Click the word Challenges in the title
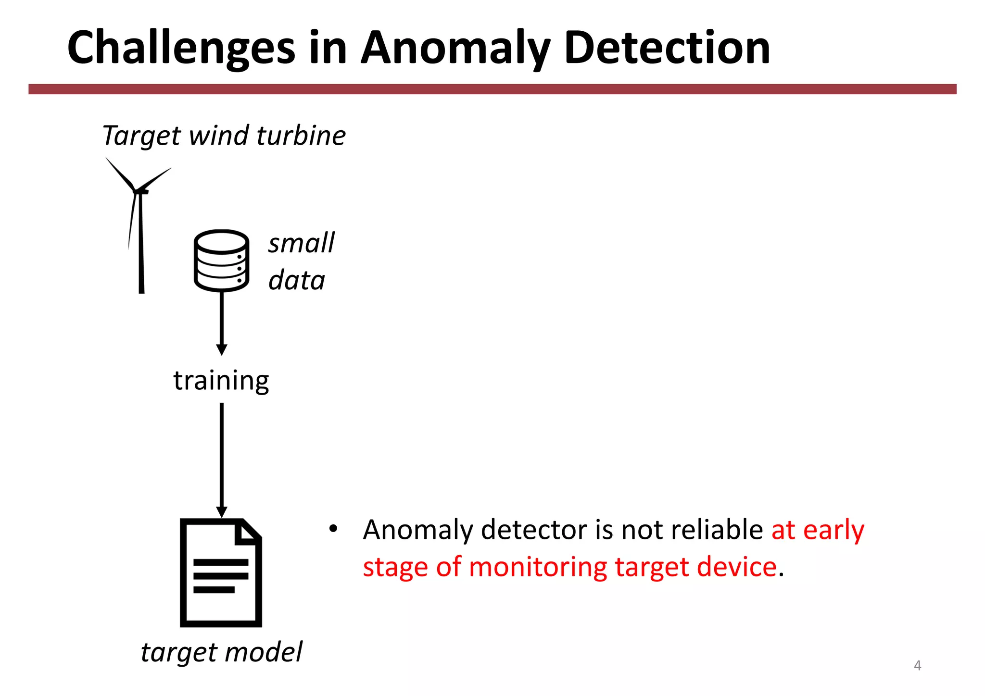pos(181,48)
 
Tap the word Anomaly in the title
pos(455,48)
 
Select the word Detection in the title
pos(667,48)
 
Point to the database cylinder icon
pos(221,261)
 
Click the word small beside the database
pos(301,243)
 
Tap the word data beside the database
pos(297,280)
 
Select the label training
pos(221,380)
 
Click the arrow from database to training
pos(222,322)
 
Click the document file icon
pos(221,572)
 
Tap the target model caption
pos(221,652)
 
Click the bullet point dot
pos(333,529)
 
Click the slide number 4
pos(917,666)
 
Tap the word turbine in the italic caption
pos(301,136)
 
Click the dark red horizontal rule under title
pos(492,89)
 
